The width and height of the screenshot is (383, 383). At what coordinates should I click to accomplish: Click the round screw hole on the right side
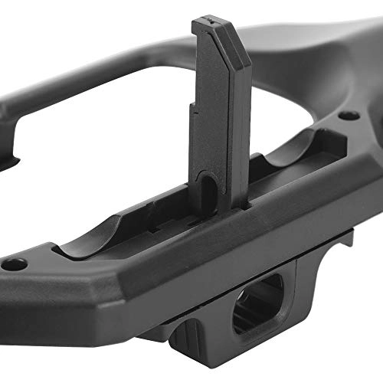pyautogui.click(x=349, y=116)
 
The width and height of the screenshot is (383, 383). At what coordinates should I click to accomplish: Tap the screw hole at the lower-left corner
pyautogui.click(x=14, y=264)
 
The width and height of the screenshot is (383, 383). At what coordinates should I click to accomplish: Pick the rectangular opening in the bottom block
pyautogui.click(x=257, y=303)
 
